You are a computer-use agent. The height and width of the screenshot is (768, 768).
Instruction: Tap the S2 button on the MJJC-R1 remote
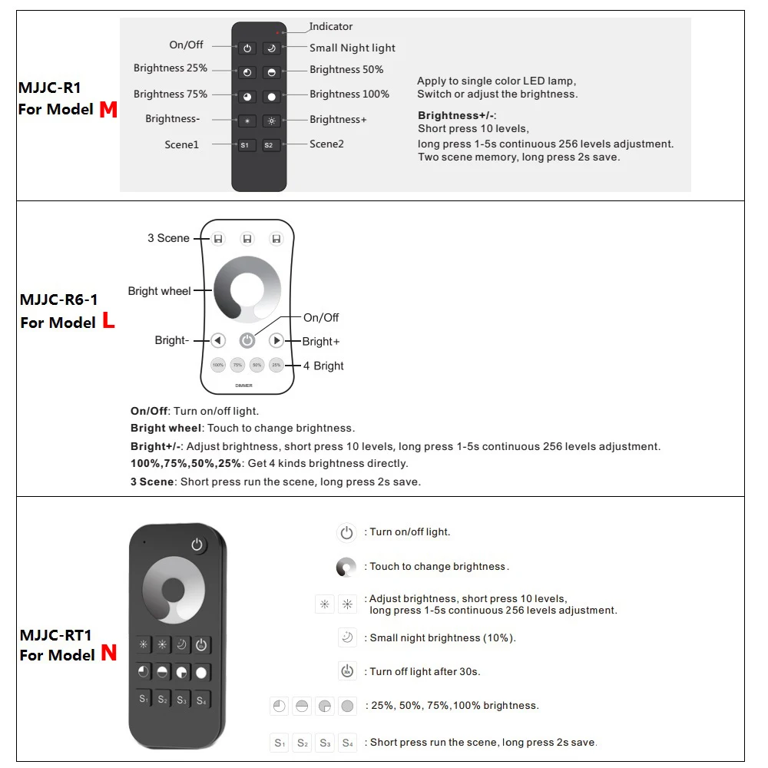coord(270,145)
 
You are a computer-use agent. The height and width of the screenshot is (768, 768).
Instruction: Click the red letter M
coord(108,110)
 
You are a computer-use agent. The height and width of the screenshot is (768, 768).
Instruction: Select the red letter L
coord(108,322)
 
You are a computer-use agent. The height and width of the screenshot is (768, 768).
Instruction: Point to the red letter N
coord(109,654)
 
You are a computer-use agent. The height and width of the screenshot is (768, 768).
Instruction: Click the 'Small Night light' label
coord(353,48)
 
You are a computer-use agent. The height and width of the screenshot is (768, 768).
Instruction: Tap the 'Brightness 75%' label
coord(170,94)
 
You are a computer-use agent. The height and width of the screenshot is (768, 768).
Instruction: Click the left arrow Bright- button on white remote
coord(218,340)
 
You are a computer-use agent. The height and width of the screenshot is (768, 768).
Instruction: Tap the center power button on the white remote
coord(247,340)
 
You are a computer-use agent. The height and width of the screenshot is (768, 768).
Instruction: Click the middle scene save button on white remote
coord(247,239)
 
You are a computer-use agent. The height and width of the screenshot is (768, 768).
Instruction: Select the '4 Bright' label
coord(323,366)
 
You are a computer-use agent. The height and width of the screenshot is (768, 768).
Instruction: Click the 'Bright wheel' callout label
coord(160,291)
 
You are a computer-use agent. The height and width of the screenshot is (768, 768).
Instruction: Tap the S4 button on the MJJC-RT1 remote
coord(201,700)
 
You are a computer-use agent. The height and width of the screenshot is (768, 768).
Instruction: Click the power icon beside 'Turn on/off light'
coord(346,532)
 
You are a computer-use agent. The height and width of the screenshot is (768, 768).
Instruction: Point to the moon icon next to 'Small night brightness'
coord(347,637)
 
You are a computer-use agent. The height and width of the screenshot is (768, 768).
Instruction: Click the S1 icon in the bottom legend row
coord(280,743)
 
